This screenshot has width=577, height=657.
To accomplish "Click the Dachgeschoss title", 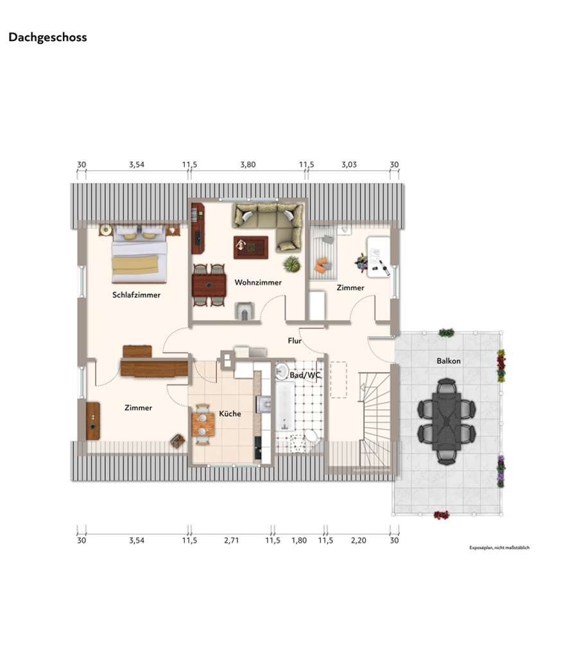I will coord(47,37).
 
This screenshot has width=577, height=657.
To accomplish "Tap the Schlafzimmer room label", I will coord(136,295).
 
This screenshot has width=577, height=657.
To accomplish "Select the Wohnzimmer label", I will coord(258,282).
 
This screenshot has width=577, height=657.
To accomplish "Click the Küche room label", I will coord(230,414).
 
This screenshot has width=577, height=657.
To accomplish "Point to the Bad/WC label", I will coord(305,375).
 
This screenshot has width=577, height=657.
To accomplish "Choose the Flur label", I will coord(295,341).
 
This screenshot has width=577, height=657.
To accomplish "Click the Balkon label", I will coord(448,361).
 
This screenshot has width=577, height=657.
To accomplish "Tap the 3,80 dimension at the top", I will coord(248,165).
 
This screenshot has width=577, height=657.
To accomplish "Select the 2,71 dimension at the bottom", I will coord(231,540).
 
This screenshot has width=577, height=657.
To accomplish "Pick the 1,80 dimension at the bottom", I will coord(299,540).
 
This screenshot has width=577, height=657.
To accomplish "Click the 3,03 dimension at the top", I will coord(349,165).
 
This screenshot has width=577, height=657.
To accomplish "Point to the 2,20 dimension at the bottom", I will coord(358,540).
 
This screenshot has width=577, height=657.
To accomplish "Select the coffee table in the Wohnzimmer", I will coord(250,246).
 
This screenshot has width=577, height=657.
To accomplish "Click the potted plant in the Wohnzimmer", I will coord(292,264).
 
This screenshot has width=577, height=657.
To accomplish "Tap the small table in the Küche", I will coord(203,423).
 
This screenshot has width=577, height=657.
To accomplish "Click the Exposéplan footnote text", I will coord(499,548).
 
